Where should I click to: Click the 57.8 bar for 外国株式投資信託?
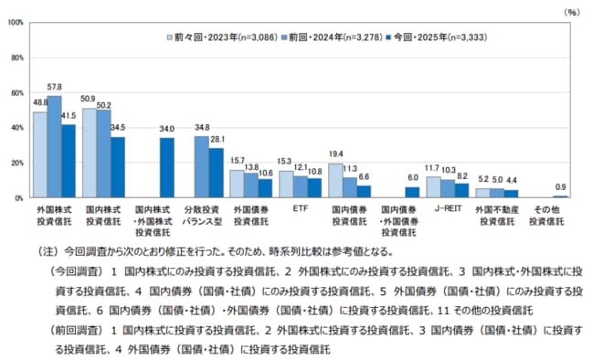[x=54, y=147]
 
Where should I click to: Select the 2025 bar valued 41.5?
[x=69, y=162]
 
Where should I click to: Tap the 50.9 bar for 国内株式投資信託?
[x=90, y=154]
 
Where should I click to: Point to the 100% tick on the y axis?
[x=15, y=22]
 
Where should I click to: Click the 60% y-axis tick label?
[x=16, y=92]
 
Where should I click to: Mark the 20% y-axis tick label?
[x=16, y=163]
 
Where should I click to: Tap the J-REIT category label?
[x=448, y=208]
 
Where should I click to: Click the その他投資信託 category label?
[x=546, y=214]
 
